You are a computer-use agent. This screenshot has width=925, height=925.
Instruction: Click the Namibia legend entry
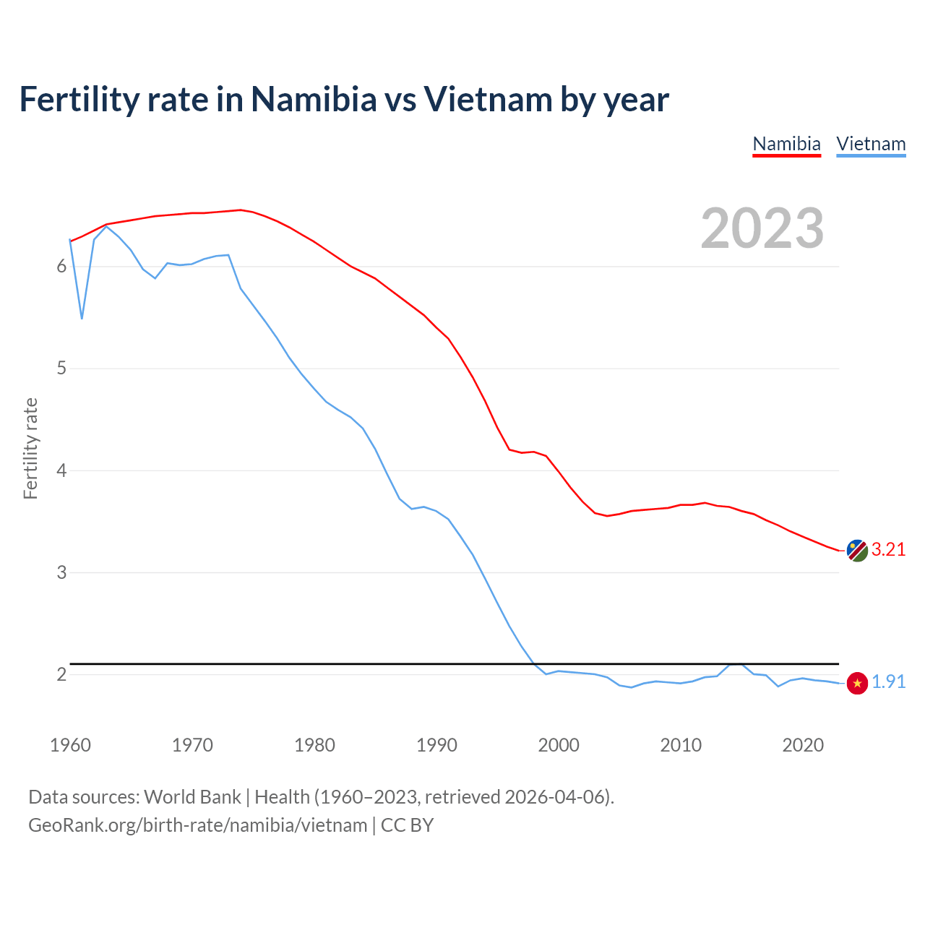point(786,144)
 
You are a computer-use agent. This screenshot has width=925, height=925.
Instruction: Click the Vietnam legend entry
point(871,144)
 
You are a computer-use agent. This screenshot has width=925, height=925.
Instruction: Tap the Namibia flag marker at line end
point(857,551)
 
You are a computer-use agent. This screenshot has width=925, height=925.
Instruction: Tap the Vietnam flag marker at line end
point(857,683)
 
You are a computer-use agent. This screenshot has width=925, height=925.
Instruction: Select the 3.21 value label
point(888,550)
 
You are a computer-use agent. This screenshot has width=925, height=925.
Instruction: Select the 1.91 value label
point(888,682)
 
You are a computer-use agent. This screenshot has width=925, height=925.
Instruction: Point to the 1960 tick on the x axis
point(70,745)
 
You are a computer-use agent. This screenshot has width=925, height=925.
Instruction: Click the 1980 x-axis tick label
point(314,745)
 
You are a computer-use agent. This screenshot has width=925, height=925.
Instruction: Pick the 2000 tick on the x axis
point(559,745)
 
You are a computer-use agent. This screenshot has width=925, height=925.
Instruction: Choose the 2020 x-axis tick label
point(803,745)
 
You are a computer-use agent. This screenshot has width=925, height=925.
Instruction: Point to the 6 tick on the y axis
point(61,267)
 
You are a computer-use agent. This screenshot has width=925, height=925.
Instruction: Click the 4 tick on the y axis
point(61,470)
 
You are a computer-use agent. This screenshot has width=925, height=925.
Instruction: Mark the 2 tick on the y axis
point(61,674)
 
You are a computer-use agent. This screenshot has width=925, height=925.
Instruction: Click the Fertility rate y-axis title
point(30,448)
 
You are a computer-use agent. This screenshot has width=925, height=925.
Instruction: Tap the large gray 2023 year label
point(762,228)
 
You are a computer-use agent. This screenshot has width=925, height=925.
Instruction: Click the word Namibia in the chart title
point(314,100)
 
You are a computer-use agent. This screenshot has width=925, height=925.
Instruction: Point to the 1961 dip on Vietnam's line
point(82,318)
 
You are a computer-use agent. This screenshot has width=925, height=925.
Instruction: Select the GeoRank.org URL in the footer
point(197,825)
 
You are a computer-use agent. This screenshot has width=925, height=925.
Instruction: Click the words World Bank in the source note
point(192,797)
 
